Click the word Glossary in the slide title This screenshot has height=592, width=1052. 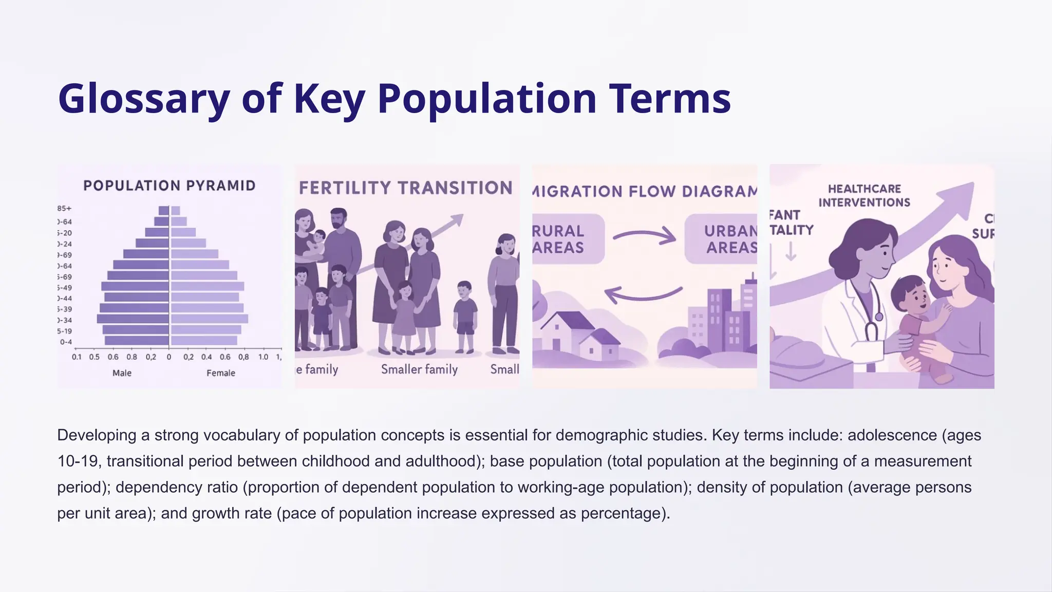[144, 99]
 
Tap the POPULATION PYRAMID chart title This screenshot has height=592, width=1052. [169, 186]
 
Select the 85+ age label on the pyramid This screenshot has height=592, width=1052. [65, 209]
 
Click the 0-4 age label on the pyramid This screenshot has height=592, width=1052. [66, 342]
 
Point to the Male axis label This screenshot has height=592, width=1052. [122, 373]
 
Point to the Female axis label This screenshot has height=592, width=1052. [221, 373]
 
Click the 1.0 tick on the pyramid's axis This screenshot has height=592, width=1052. [263, 357]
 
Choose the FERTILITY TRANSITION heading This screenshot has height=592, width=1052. [406, 188]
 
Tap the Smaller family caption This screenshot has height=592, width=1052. [419, 369]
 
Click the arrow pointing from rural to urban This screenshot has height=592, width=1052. [644, 236]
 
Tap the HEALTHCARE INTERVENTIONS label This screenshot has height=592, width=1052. [864, 196]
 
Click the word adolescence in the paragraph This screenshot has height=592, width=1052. [892, 435]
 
